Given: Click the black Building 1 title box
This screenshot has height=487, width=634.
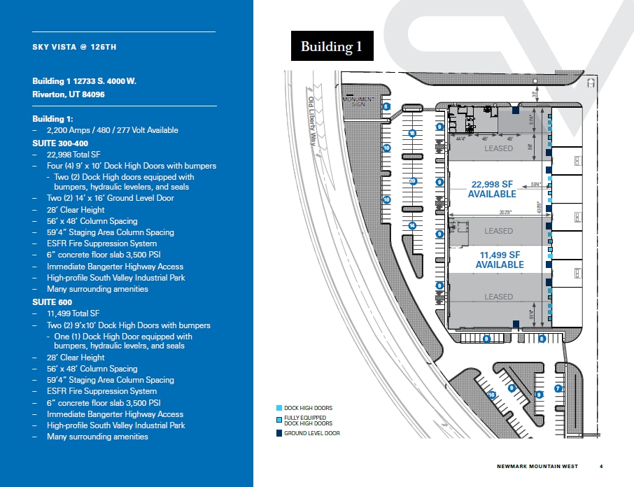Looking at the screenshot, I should pos(332,47).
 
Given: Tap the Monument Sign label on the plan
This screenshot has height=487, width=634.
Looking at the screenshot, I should pos(358,101).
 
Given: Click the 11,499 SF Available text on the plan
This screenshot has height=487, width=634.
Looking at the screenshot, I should pos(500,260).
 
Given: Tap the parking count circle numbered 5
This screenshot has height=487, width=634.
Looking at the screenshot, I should pos(386,106).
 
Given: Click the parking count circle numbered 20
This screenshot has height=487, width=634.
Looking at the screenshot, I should pos(413,181).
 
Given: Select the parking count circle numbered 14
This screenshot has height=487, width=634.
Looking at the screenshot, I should pos(413,225).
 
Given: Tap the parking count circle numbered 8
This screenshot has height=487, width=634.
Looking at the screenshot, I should pos(542,339).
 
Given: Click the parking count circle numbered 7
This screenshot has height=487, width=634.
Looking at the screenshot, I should pos(558,388).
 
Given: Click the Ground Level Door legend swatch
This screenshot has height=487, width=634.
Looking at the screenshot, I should pos(280,434).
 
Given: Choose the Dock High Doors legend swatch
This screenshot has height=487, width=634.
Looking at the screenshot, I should pos(280,408).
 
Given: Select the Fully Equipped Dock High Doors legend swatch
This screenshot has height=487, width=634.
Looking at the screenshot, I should pos(280,420).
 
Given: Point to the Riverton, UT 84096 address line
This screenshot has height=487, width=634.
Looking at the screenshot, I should pos(69,94).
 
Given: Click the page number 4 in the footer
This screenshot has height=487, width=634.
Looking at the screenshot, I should pos(601,466).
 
